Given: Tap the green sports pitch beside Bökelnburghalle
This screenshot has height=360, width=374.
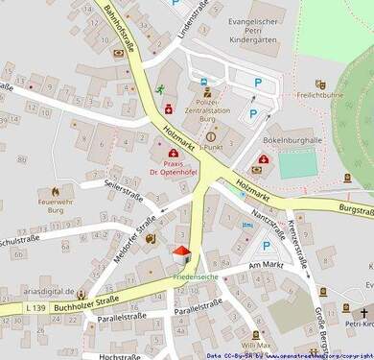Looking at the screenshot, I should click(x=298, y=165).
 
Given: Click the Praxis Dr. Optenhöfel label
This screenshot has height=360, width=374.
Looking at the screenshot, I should click(x=173, y=167).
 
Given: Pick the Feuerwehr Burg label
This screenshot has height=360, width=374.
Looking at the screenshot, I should click(x=56, y=207).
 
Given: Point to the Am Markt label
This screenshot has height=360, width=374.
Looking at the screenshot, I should click(x=268, y=263).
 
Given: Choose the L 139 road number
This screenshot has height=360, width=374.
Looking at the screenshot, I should click(x=34, y=306).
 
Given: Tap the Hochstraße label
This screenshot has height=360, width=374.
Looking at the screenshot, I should click(x=120, y=356).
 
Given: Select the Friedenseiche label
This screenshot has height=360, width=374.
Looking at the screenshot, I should click(x=196, y=276).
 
